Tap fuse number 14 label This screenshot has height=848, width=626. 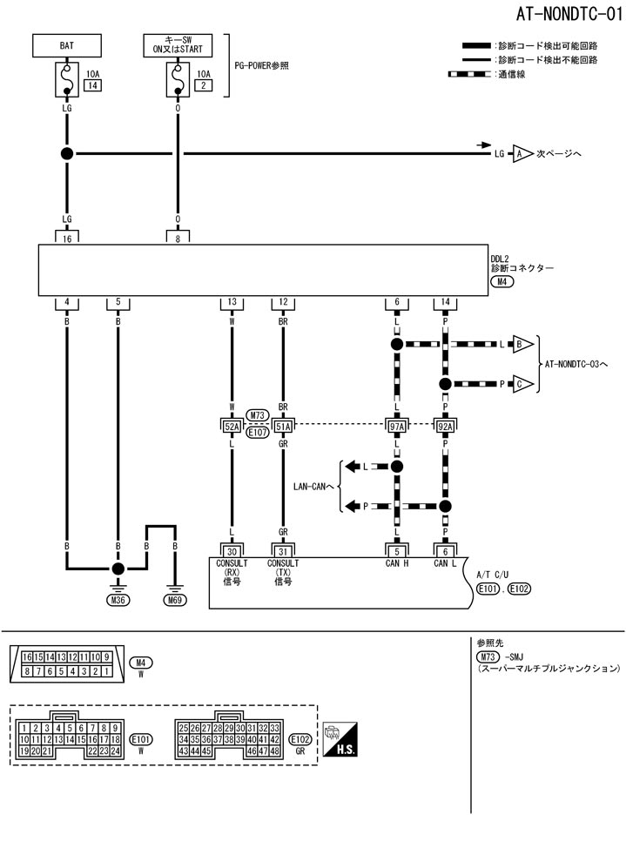[x=91, y=85]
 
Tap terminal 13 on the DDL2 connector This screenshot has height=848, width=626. [x=232, y=302]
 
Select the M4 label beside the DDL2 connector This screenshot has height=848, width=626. [x=501, y=283]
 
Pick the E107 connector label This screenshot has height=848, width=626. [x=257, y=431]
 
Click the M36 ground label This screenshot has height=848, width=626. [x=117, y=600]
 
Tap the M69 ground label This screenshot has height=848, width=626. [x=175, y=600]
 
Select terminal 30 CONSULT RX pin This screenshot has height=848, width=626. [x=232, y=550]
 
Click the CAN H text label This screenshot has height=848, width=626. [x=396, y=564]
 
